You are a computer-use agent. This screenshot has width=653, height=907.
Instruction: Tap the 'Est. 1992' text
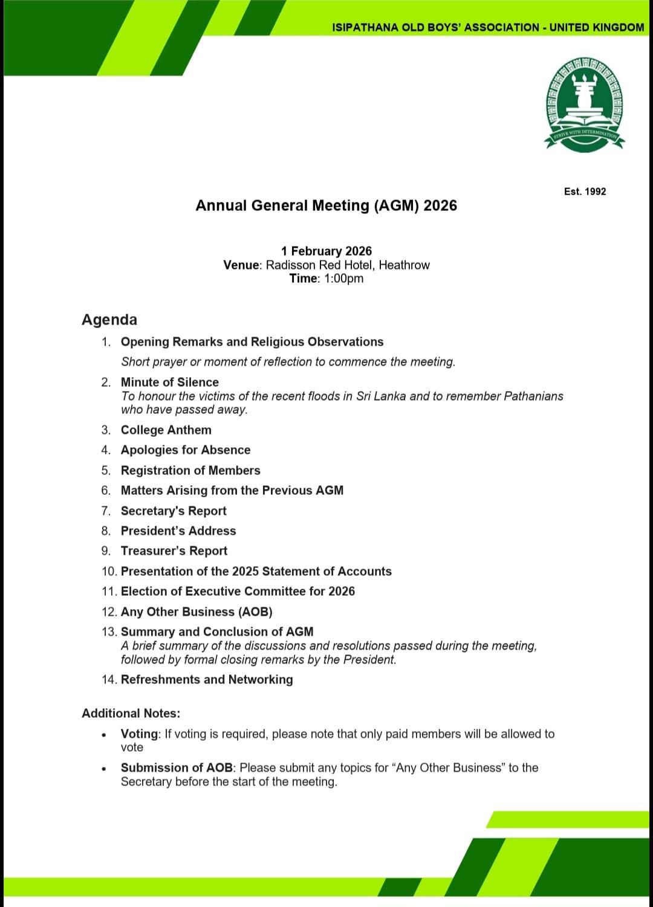point(585,192)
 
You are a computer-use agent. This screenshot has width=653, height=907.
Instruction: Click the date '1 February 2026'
point(326,251)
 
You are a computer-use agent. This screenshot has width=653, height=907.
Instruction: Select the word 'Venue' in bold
point(241,265)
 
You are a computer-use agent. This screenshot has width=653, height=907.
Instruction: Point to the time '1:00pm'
point(343,279)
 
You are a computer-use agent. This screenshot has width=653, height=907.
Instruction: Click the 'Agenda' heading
point(109,320)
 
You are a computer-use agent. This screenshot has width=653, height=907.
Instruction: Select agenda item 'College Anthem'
point(166,430)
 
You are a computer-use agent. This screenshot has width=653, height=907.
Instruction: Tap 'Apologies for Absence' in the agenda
point(185,450)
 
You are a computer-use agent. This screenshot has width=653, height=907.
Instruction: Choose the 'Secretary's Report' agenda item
point(174,511)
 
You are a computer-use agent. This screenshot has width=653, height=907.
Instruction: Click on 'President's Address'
point(178,531)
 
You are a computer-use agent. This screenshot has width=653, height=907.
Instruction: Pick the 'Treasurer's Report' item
point(174,550)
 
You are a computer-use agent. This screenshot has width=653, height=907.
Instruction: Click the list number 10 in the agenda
point(109,571)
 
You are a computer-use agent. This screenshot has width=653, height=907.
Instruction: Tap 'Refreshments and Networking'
point(207,679)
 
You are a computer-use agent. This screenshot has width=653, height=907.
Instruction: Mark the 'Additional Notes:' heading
point(131,713)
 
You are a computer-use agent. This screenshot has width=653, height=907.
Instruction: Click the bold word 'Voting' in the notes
point(139,734)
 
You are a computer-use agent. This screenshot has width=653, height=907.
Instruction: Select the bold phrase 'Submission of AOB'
point(177,767)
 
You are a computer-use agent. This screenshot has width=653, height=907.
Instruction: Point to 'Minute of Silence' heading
point(169,382)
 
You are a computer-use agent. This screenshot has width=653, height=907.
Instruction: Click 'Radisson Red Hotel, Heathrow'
point(348,265)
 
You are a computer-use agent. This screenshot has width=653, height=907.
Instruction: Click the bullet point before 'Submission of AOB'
point(105,769)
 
